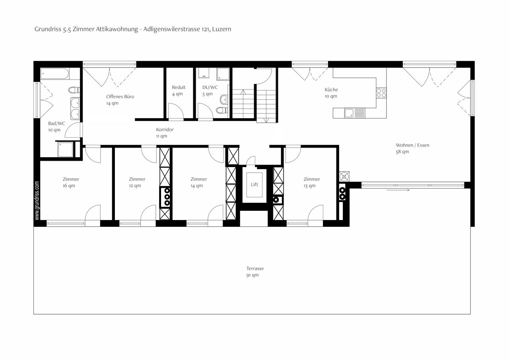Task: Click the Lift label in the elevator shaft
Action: (x=254, y=185)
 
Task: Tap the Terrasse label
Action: (x=255, y=269)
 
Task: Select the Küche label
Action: (x=331, y=90)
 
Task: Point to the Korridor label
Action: (x=165, y=130)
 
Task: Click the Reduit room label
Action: (x=179, y=87)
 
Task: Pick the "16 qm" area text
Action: (x=69, y=186)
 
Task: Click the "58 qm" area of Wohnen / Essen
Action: (x=402, y=152)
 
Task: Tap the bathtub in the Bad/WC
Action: (x=54, y=74)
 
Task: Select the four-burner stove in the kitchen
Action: (x=381, y=93)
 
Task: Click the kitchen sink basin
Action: (x=349, y=113)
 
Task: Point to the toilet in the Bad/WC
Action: (x=74, y=90)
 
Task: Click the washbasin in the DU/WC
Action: (x=224, y=99)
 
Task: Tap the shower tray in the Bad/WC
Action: (x=66, y=149)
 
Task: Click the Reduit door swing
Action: (x=176, y=111)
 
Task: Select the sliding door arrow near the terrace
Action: (x=398, y=190)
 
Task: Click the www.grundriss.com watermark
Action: (x=37, y=200)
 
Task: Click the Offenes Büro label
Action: (x=120, y=97)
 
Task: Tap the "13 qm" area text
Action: (x=309, y=186)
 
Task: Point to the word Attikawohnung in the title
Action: (x=117, y=29)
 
